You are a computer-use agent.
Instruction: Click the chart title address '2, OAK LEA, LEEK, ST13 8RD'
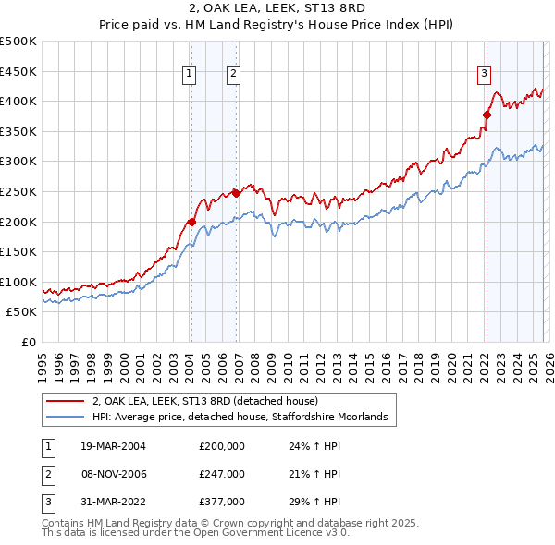click(277, 10)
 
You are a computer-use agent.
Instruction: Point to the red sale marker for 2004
click(191, 222)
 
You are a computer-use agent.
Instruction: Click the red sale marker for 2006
click(236, 193)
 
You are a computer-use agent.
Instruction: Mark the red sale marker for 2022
click(487, 115)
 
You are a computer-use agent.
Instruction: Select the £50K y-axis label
click(21, 312)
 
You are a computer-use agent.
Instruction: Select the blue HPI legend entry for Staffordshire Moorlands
click(244, 418)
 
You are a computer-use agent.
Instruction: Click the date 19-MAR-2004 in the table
click(114, 446)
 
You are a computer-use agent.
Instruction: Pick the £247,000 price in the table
click(222, 474)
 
